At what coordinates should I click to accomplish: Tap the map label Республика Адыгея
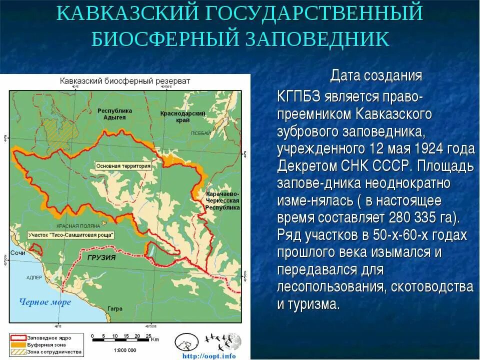click(x=114, y=113)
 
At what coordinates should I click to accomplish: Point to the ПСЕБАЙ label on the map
click(x=200, y=133)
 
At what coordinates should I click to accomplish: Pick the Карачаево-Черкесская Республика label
click(x=222, y=200)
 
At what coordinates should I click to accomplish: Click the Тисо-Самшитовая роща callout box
click(x=71, y=234)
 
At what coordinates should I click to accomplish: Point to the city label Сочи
click(x=18, y=253)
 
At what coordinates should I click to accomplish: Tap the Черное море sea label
click(x=45, y=301)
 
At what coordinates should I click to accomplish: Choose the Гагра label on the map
click(x=114, y=308)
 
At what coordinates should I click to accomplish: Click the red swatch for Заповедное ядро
click(x=17, y=337)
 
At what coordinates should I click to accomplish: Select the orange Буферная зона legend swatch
click(x=17, y=344)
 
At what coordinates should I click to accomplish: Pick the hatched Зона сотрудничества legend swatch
click(x=17, y=351)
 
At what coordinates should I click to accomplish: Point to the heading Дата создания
click(x=376, y=76)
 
